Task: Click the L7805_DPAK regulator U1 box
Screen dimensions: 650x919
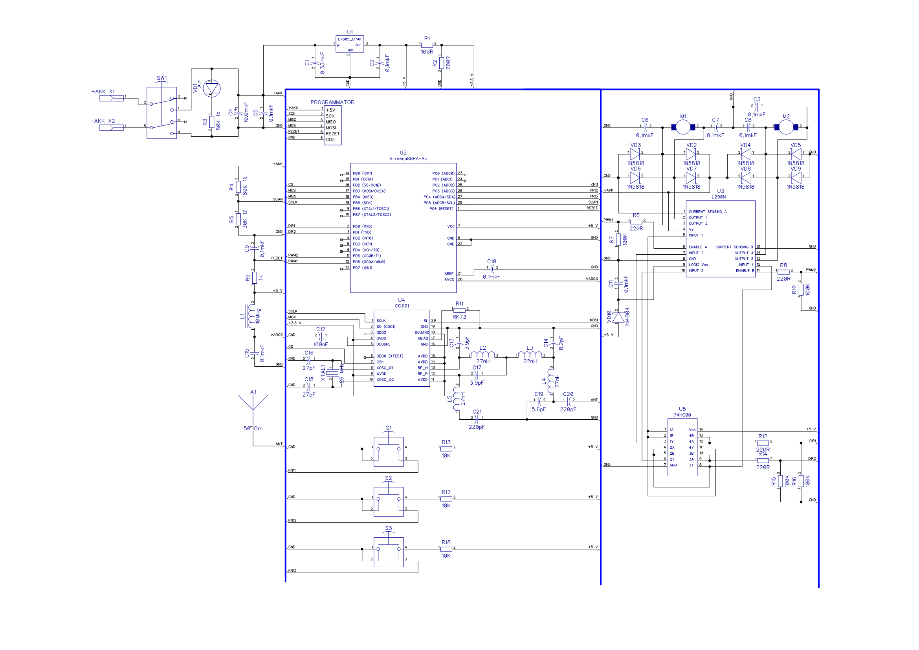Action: (x=349, y=44)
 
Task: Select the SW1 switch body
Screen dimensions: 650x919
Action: (x=161, y=113)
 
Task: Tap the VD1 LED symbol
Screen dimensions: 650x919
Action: (x=212, y=88)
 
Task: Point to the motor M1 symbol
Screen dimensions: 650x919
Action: (x=683, y=127)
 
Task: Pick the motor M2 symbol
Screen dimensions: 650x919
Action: (x=786, y=127)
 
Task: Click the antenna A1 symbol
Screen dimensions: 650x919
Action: (x=253, y=404)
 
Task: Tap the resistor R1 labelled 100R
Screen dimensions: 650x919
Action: (x=427, y=45)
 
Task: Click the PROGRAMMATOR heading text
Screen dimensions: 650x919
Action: (x=332, y=103)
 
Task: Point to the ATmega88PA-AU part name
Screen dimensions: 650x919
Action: (x=408, y=158)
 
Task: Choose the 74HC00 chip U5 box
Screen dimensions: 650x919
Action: (x=682, y=447)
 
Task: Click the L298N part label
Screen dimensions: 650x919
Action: (x=719, y=197)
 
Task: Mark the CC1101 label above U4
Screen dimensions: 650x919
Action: (x=402, y=306)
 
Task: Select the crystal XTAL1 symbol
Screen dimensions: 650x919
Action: (x=332, y=373)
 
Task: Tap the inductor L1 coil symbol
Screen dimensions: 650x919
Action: (x=251, y=316)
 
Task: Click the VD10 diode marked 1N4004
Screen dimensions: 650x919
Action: (x=618, y=317)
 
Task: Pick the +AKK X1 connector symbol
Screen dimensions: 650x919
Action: (x=111, y=98)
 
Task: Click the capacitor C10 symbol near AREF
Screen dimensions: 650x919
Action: (x=492, y=269)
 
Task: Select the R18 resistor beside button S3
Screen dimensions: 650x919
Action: (x=446, y=549)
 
